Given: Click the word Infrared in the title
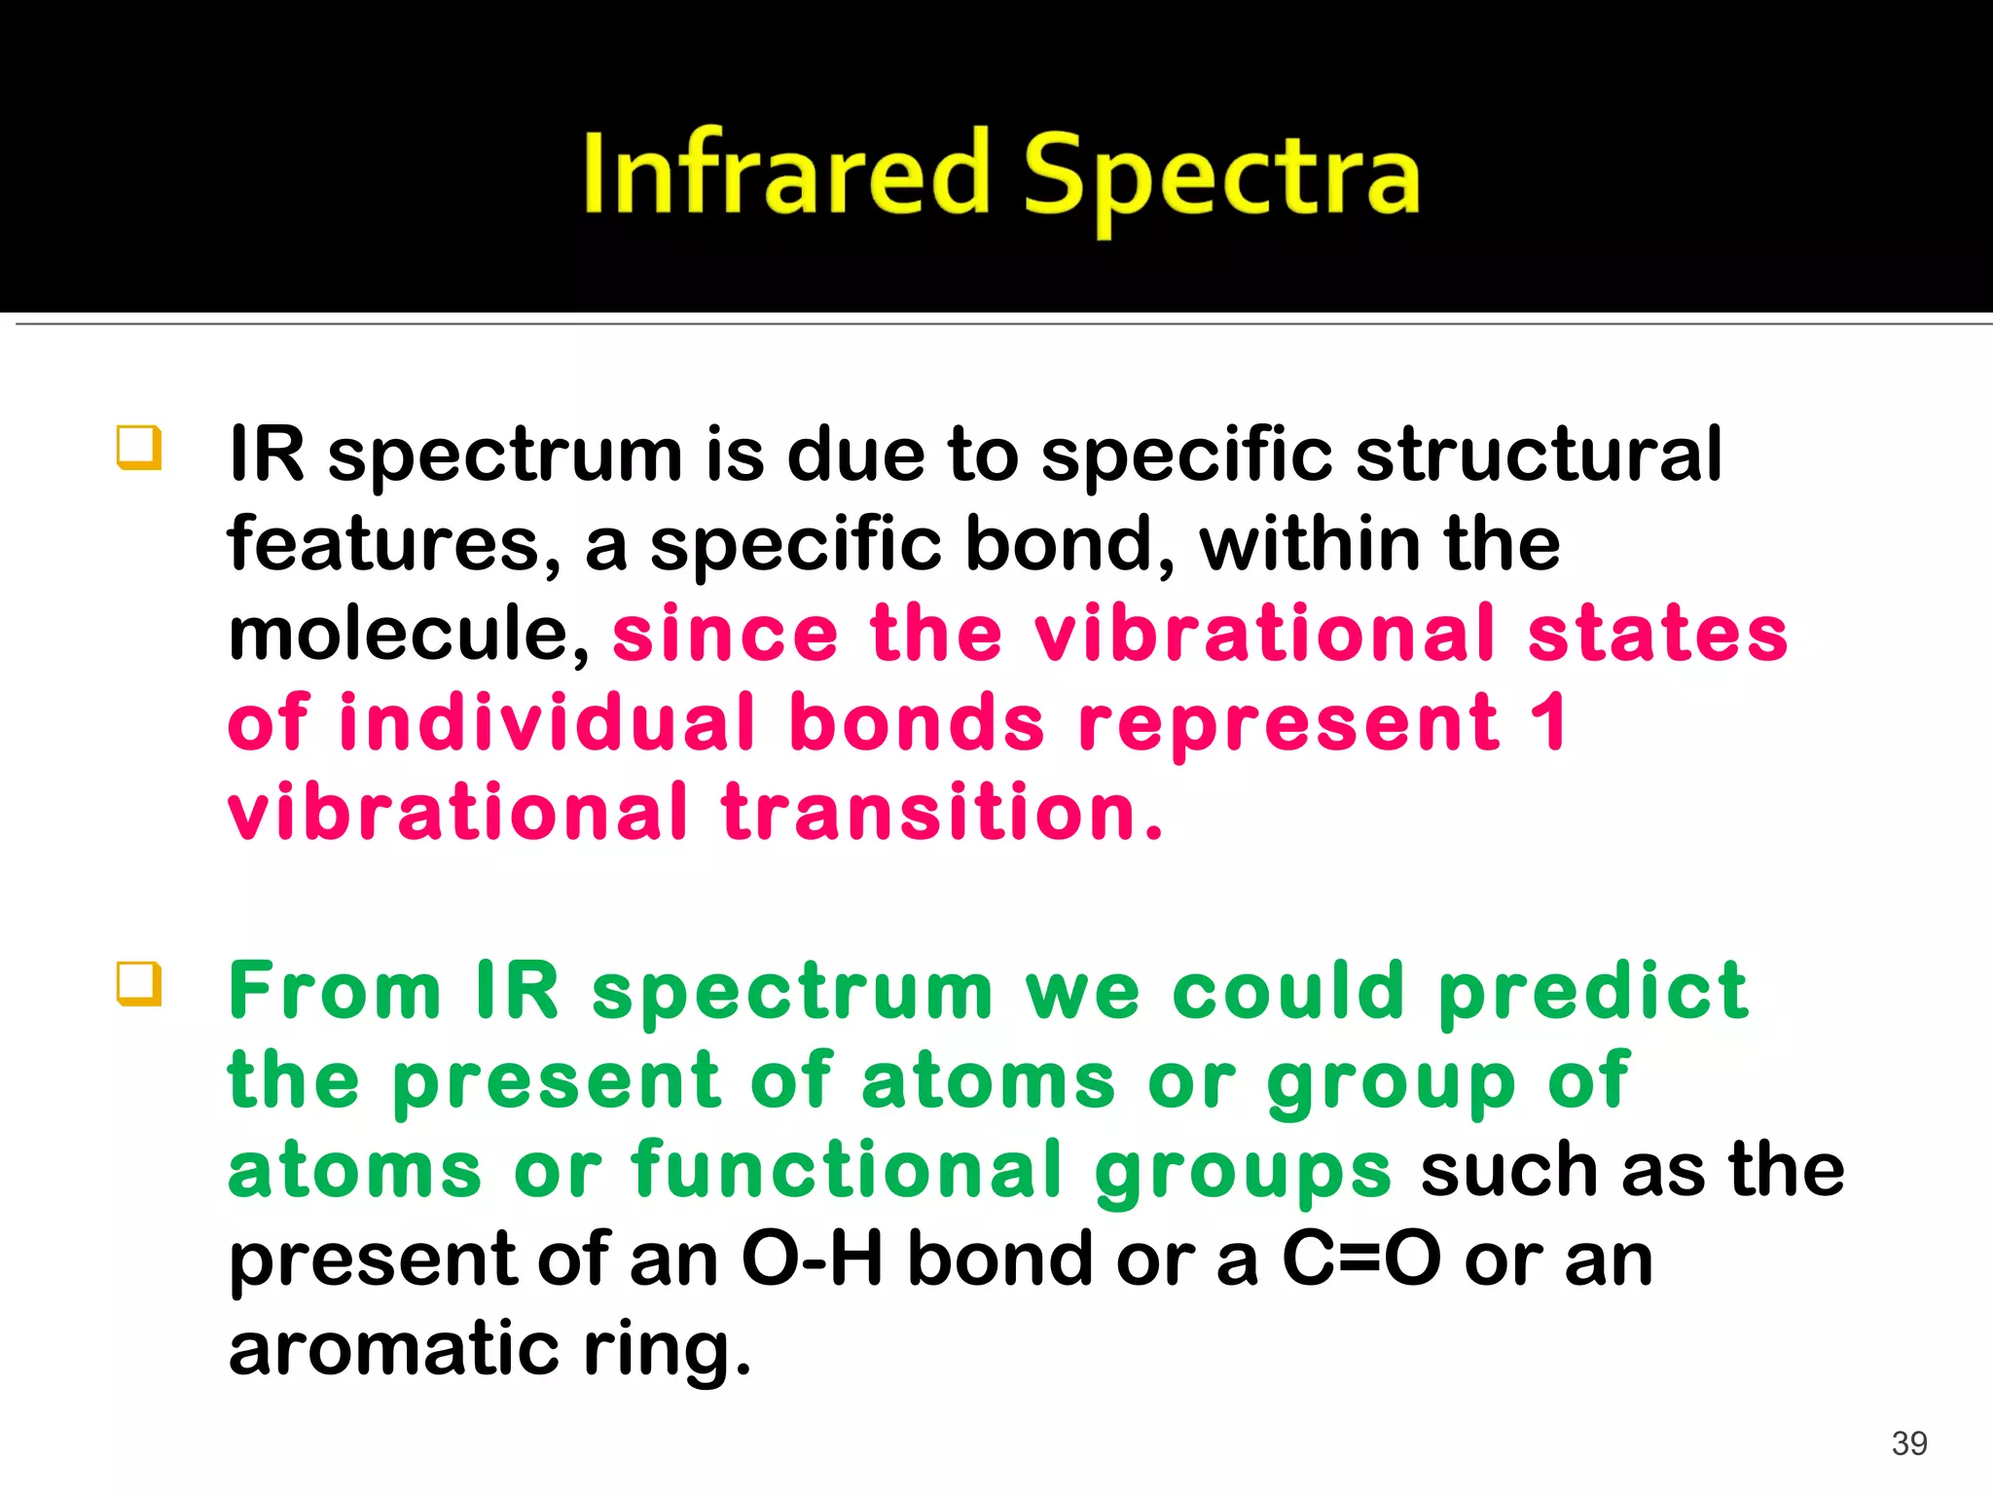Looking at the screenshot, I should [x=786, y=175].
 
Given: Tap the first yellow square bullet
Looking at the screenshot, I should [x=138, y=448].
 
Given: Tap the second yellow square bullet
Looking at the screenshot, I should [x=138, y=983].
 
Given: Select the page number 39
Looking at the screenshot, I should [x=1909, y=1443].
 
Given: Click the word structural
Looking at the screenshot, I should [x=1538, y=455].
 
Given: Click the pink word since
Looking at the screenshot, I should [x=725, y=634].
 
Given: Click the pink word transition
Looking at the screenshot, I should [x=941, y=813].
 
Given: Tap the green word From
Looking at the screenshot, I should [x=336, y=991].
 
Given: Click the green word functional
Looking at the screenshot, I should [x=846, y=1170].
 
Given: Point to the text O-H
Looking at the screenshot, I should [x=812, y=1259].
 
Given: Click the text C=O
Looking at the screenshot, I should [x=1361, y=1259].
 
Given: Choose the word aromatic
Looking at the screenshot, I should [x=394, y=1349].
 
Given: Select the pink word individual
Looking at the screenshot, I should [x=547, y=723].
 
